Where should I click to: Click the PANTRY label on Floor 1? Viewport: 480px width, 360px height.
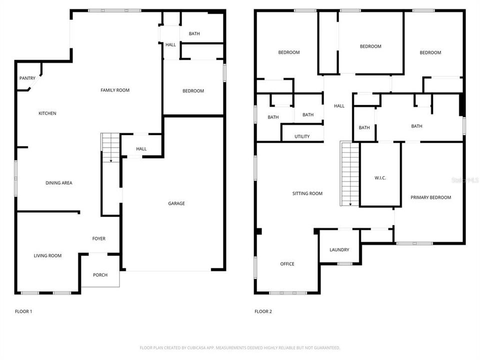(27, 78)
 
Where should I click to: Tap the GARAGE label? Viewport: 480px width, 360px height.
(176, 203)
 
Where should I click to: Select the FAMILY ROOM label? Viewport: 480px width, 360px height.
(115, 90)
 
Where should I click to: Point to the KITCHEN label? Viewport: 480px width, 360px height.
(47, 113)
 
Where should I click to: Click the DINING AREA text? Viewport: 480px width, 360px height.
(59, 183)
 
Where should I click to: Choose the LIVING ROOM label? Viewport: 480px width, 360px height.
(47, 256)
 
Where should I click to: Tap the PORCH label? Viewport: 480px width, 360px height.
(100, 275)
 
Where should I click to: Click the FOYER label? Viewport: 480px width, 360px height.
(98, 239)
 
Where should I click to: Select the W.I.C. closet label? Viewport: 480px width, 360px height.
(380, 178)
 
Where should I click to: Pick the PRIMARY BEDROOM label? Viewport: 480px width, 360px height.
(430, 197)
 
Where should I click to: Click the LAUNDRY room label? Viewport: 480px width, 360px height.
(339, 250)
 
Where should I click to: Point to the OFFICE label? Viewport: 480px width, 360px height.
(287, 264)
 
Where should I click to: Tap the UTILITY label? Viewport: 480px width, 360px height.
(302, 136)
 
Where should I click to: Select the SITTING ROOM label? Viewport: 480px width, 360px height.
(307, 193)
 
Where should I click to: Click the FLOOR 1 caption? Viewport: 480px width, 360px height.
(23, 311)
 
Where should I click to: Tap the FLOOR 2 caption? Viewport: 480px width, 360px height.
(263, 311)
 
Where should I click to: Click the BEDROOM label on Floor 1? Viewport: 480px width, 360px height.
(193, 91)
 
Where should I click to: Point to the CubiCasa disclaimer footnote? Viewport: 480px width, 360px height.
(240, 347)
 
